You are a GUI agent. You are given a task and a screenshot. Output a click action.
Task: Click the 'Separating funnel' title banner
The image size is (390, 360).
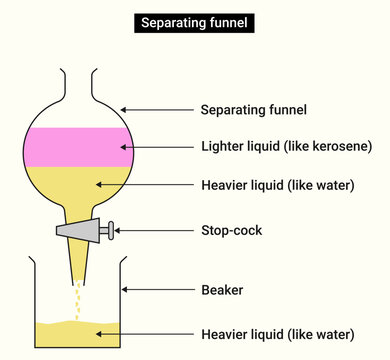[195, 22]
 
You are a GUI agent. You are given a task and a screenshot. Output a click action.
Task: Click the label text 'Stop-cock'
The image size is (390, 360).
[232, 230]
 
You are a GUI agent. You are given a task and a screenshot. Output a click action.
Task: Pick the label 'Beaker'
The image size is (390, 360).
[222, 290]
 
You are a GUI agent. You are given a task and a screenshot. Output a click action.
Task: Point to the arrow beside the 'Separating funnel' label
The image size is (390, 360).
[155, 109]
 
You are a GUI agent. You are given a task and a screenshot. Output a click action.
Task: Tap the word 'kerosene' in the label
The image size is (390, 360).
[340, 146]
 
